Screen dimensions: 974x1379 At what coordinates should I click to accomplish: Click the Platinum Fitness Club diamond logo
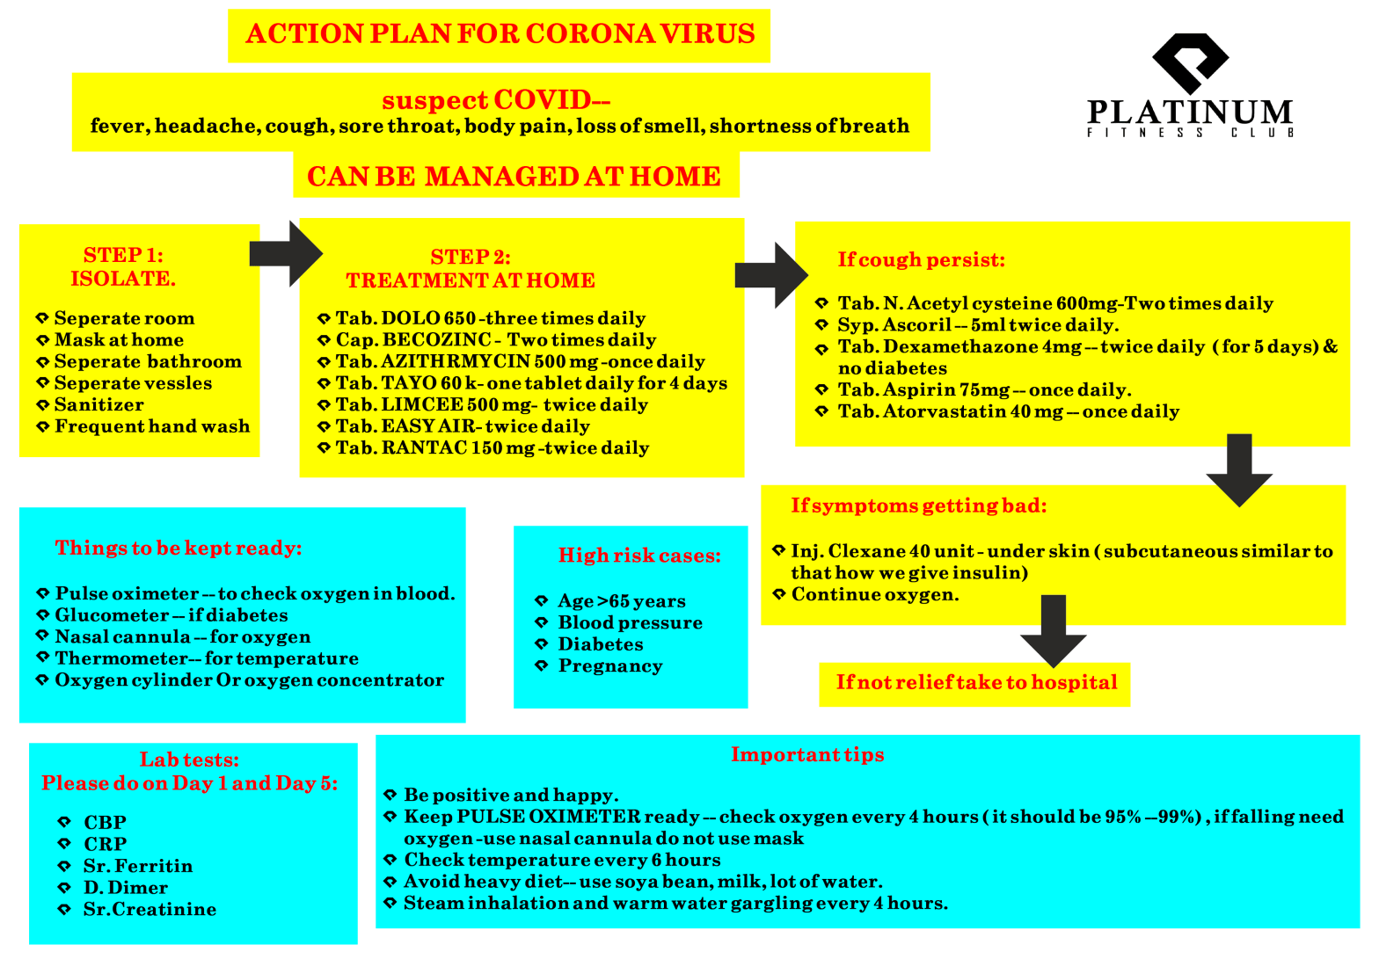(1190, 62)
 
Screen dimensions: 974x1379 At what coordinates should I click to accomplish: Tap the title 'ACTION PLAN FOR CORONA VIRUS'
(500, 34)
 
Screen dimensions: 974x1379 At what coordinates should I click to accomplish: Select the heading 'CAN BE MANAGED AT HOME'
(514, 177)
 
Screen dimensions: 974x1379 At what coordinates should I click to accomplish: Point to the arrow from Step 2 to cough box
(770, 275)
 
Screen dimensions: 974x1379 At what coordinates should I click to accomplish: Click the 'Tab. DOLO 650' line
(491, 318)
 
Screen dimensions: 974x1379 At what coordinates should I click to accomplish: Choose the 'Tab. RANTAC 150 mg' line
(492, 448)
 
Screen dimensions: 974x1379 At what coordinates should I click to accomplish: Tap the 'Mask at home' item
(119, 340)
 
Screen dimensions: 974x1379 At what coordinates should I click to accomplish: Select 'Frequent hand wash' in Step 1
(152, 426)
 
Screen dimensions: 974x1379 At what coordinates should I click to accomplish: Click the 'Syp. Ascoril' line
(978, 325)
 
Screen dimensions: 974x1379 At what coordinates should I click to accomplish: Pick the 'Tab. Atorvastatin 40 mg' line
(1008, 411)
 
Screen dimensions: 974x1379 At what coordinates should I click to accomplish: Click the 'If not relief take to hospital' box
(975, 683)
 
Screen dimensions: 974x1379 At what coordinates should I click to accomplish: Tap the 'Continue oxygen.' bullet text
(875, 594)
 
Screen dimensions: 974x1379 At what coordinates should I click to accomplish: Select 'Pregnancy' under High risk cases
(610, 665)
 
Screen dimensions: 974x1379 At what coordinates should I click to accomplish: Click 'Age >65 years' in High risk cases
(622, 601)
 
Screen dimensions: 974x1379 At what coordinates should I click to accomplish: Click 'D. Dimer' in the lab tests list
(125, 888)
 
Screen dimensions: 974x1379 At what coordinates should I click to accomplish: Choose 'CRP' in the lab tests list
(106, 844)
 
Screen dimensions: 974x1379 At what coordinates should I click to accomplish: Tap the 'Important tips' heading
(807, 754)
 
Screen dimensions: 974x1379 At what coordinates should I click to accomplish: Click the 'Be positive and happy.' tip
(511, 796)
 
